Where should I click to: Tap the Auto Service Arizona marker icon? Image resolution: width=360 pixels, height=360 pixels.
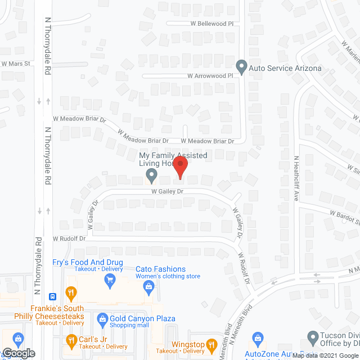pos(242,67)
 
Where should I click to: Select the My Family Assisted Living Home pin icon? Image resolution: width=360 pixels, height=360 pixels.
pos(151,175)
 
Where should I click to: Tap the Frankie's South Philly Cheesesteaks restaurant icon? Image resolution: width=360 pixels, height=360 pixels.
pos(71,292)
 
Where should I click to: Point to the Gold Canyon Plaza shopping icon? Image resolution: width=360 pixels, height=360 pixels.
pos(102,319)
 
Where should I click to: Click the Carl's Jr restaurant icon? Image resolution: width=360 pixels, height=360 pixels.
pos(71,339)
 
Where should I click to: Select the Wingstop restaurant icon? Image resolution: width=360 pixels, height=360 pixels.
pos(211,344)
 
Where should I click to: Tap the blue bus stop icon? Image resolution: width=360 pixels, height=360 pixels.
pos(52,296)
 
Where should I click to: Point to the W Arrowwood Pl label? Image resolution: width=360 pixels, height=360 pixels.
pos(210,75)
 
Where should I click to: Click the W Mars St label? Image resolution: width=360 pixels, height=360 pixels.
pos(15,64)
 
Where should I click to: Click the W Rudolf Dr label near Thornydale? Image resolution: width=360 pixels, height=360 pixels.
pos(69,238)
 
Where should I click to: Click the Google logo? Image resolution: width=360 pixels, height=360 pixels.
pos(18,353)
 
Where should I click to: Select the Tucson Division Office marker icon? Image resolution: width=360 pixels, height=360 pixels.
pos(313,337)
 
